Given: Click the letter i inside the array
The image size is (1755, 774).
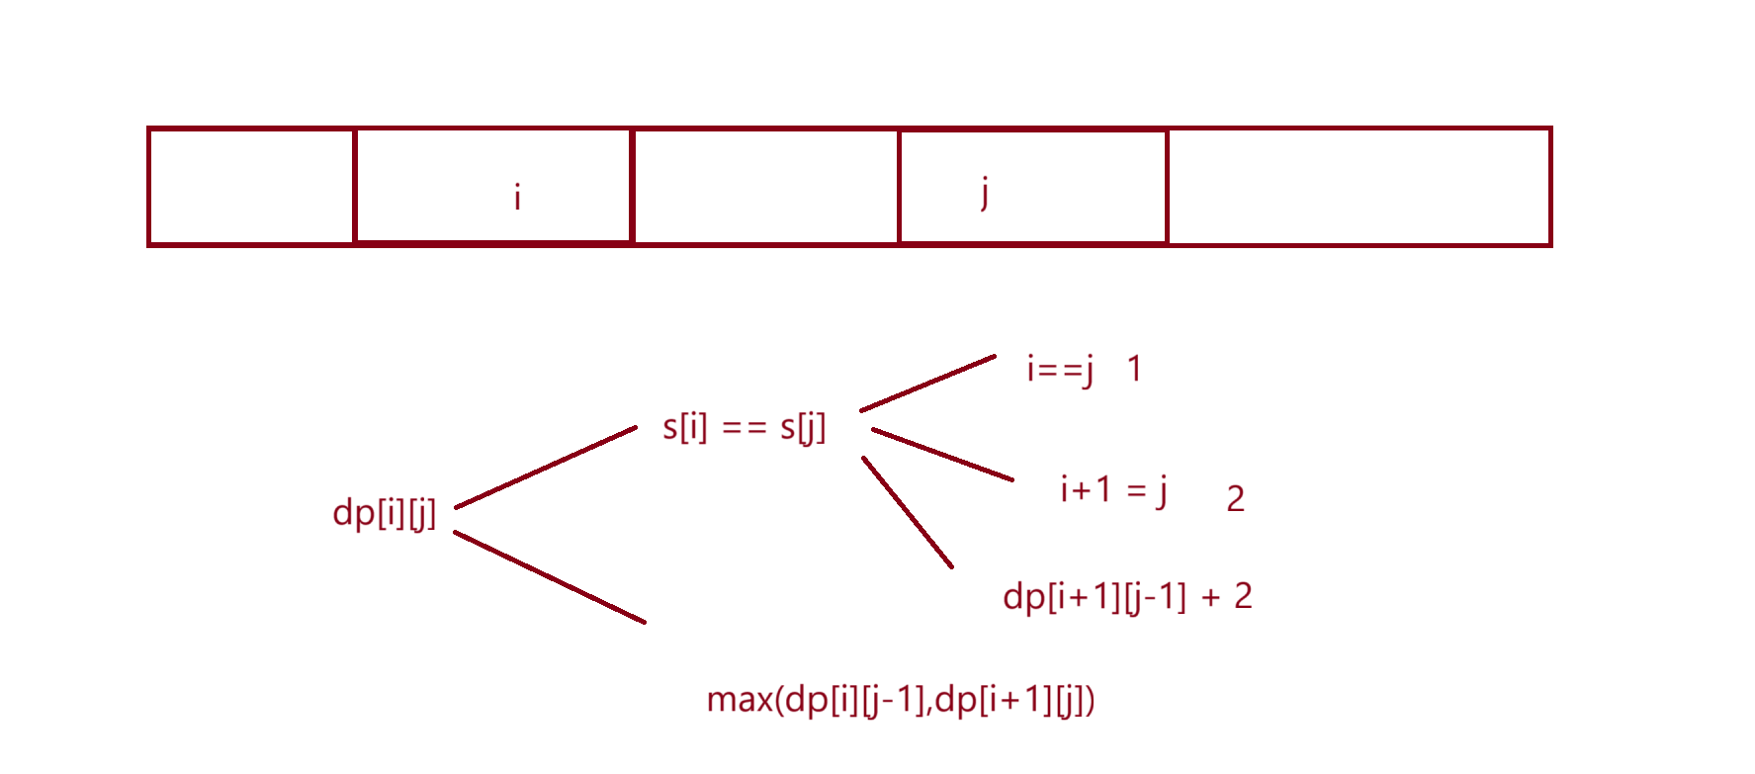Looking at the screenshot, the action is tap(517, 197).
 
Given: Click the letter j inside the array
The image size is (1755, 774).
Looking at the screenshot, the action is tap(984, 191).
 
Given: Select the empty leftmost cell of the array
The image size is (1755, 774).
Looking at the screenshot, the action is tap(251, 186).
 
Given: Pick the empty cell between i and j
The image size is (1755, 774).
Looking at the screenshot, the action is tap(765, 186).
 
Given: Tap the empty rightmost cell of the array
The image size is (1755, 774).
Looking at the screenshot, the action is tap(1359, 186).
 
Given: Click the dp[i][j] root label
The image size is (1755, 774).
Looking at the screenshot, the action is tap(385, 512).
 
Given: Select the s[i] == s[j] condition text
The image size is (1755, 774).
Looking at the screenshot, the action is tap(744, 427).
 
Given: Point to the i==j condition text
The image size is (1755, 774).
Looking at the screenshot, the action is tap(1060, 369).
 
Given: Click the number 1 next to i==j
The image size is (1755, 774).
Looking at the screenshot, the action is tap(1134, 369).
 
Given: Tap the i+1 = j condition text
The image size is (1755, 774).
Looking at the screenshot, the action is tap(1113, 489).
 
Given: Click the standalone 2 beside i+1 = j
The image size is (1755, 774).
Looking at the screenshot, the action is tap(1235, 499).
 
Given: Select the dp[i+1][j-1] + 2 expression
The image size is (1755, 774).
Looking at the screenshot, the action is tap(1127, 596).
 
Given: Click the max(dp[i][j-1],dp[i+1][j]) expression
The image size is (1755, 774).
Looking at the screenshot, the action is tap(901, 700).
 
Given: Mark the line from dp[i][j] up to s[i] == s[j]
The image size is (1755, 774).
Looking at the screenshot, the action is tap(546, 468).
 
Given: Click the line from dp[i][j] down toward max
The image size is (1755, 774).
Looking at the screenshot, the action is tap(549, 577).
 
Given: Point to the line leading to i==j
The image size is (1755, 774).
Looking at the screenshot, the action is tap(927, 384).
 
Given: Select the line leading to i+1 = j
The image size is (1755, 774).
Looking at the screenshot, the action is tap(942, 455).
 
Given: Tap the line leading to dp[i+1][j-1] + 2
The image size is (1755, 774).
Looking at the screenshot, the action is tap(908, 512).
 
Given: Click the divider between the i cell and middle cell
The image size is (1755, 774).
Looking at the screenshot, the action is tap(632, 186).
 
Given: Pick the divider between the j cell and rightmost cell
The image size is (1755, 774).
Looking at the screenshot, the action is tap(1168, 186).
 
